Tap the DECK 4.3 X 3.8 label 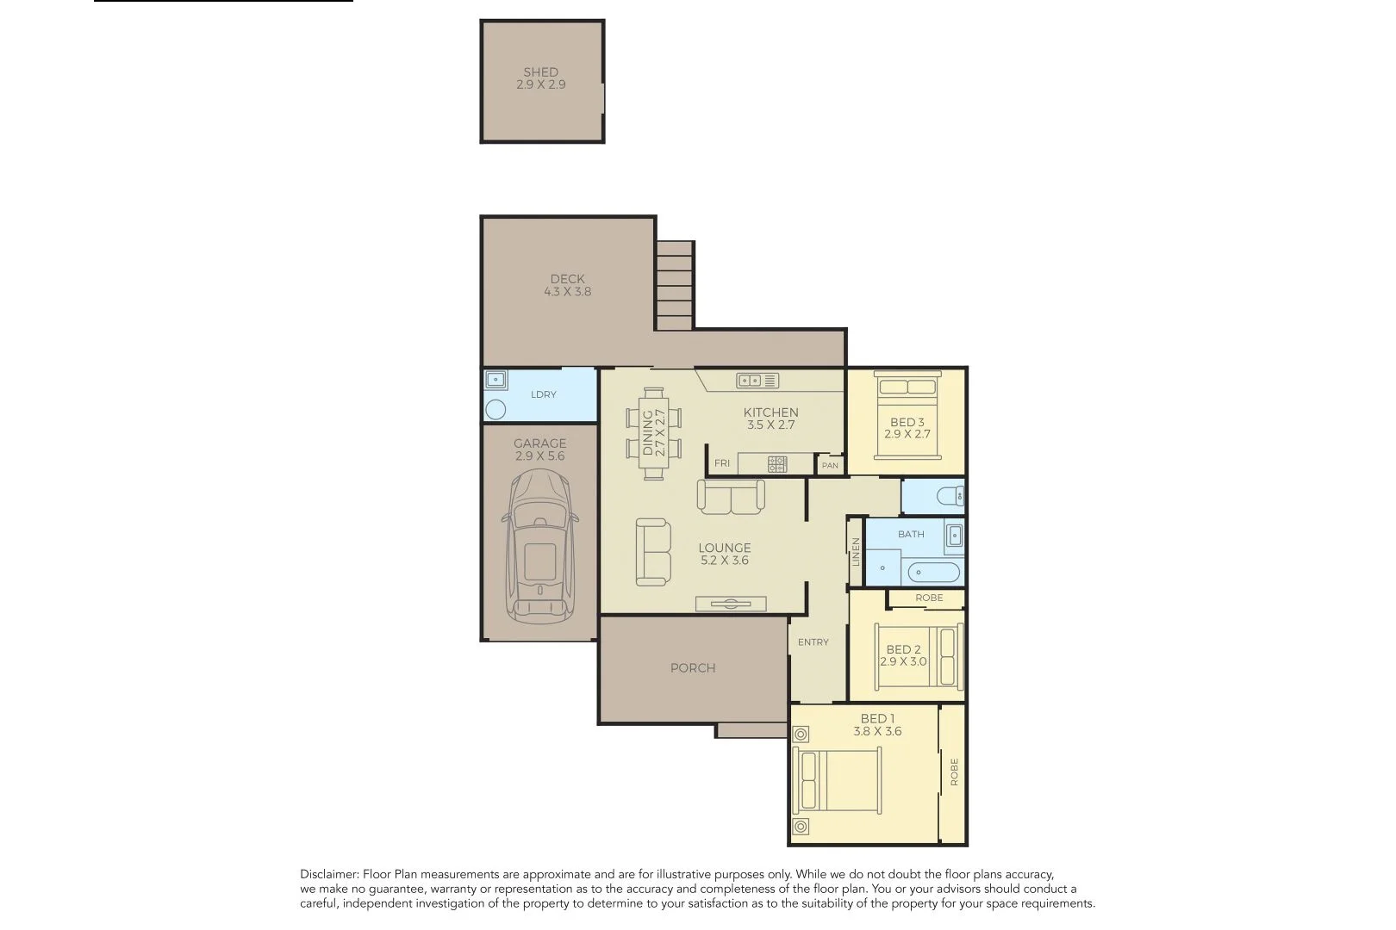tap(567, 285)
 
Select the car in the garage tap(539, 546)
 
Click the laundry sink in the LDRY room tap(496, 380)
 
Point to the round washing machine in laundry tap(495, 409)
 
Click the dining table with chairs tap(654, 433)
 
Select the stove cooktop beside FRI tap(777, 463)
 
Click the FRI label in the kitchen tap(721, 463)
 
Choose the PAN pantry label tap(830, 465)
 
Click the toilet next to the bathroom tap(950, 497)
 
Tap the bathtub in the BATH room tap(933, 572)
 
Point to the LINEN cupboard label tap(856, 552)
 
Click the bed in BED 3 tap(907, 415)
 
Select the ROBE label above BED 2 tap(929, 598)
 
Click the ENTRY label tap(813, 642)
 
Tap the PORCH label tap(693, 668)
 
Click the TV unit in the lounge tap(731, 604)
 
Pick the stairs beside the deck tap(675, 285)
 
